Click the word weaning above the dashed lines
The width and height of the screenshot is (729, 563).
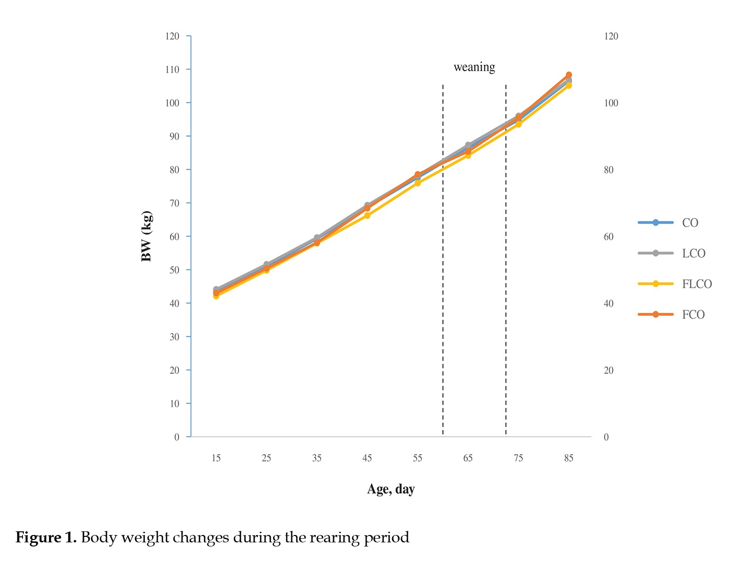click(x=474, y=67)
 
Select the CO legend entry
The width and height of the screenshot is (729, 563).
click(x=668, y=223)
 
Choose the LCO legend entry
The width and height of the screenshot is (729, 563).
click(x=671, y=253)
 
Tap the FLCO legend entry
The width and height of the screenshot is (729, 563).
click(x=675, y=284)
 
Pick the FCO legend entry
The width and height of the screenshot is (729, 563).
click(x=671, y=314)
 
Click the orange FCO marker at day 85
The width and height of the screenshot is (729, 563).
click(x=568, y=75)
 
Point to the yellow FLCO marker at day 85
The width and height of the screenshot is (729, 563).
click(x=568, y=85)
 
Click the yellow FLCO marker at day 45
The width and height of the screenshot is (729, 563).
click(x=367, y=215)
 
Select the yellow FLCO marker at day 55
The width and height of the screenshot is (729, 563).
click(x=417, y=183)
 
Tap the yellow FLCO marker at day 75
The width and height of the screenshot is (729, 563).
click(x=518, y=124)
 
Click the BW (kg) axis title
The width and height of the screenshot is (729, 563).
click(x=147, y=236)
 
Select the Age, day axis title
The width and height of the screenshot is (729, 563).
click(x=391, y=489)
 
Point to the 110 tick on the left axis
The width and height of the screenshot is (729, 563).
click(x=173, y=69)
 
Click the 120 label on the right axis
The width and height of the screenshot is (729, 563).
click(x=611, y=36)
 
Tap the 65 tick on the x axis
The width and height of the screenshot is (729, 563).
click(x=467, y=458)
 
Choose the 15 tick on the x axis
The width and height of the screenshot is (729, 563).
click(x=216, y=458)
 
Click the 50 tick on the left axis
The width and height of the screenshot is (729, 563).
click(x=174, y=270)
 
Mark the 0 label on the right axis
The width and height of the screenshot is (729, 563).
click(x=606, y=437)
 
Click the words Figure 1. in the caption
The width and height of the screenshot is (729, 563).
click(x=46, y=537)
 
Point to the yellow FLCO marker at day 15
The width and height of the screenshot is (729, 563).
click(x=216, y=296)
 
